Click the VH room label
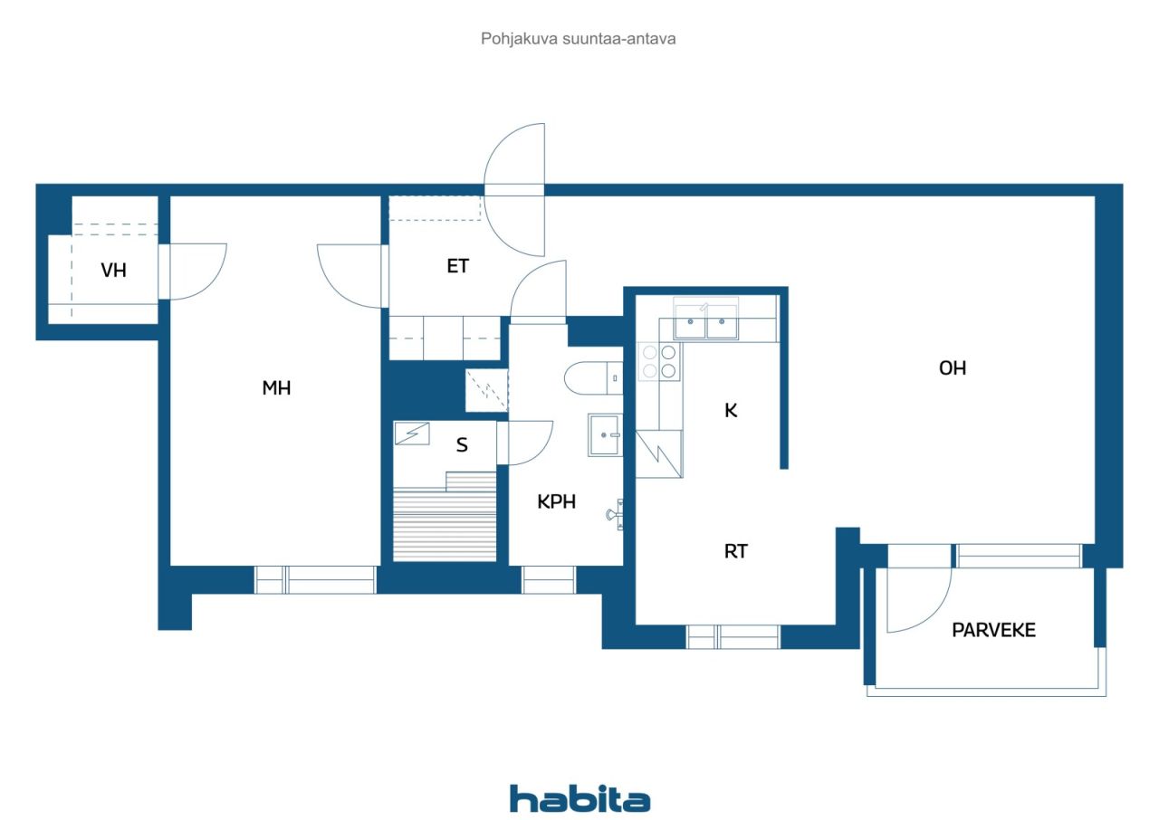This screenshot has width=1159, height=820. pos(113,270)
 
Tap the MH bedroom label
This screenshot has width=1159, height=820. pos(276,387)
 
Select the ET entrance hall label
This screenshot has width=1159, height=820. pos(458,266)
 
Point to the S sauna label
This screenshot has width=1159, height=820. pos(462,444)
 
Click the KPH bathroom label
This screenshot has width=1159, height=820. pos(556,501)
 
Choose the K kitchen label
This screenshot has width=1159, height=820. pos(731,411)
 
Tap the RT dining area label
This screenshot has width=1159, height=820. pos(736,551)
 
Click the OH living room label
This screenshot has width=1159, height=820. pos(953,368)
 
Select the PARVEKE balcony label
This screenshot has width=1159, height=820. pos(994,630)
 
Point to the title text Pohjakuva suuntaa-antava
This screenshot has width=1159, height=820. pos(578,39)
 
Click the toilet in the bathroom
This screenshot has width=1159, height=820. pos(593,378)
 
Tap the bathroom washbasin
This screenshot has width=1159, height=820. pos(604,434)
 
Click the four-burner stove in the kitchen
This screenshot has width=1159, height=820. pos(658,362)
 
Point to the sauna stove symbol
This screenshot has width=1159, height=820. pos(412,434)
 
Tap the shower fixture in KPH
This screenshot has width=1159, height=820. pos(615,514)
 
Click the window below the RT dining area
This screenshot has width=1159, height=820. pos(733,636)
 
